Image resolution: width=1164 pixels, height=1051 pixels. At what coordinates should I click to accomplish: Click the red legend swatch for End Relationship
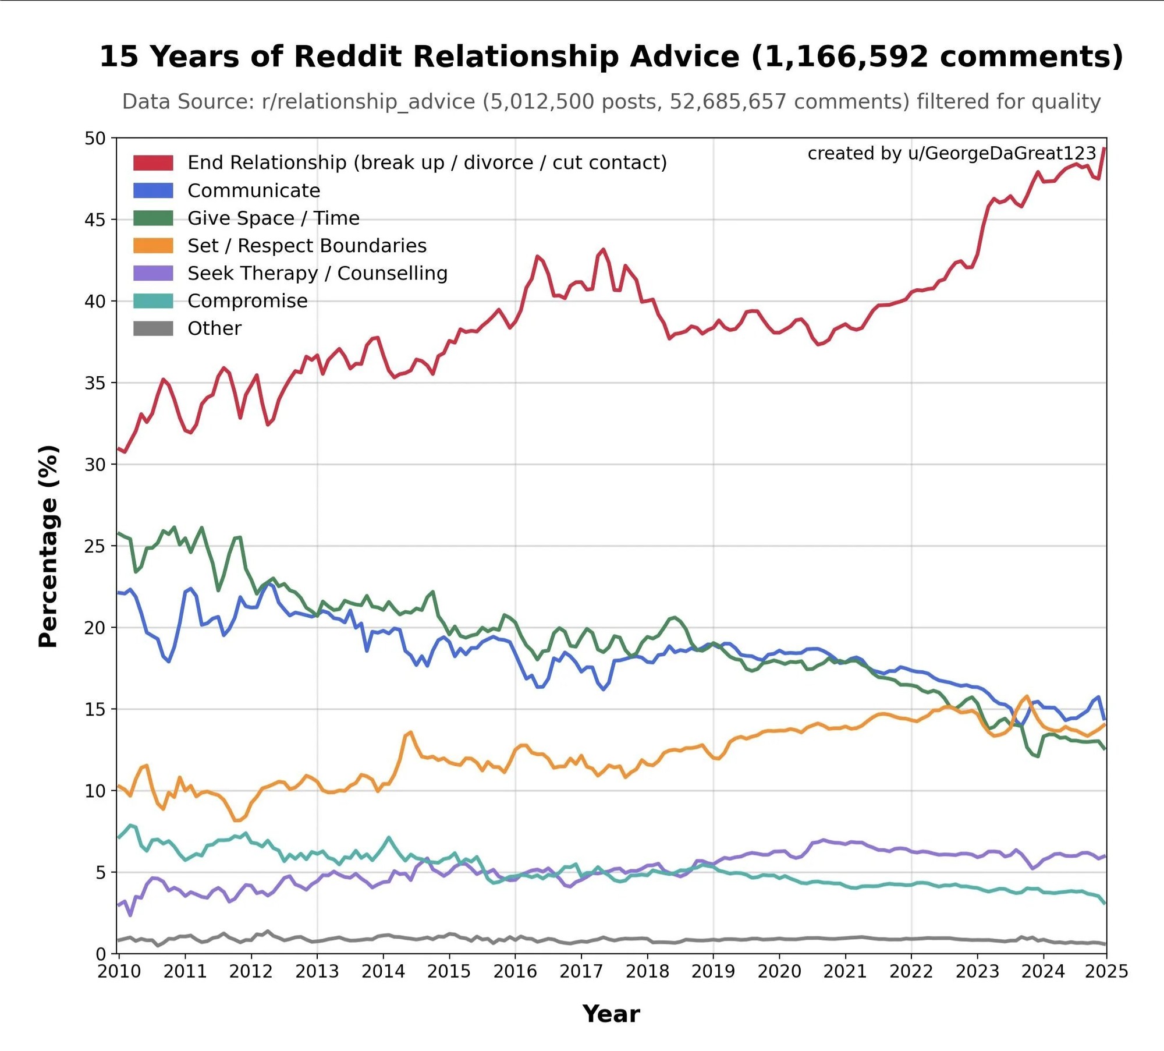(x=153, y=162)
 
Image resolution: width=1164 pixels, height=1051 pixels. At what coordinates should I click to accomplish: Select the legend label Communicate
(x=253, y=190)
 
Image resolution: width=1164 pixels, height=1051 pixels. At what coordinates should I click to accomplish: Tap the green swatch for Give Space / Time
(x=153, y=218)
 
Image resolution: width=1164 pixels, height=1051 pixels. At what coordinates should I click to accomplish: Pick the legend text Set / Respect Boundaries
(x=307, y=246)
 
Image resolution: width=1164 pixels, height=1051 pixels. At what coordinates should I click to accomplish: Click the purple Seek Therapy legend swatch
(x=153, y=273)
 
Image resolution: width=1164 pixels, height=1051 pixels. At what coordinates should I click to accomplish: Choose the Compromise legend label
(x=247, y=301)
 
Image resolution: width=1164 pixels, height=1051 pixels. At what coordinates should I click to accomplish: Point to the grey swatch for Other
(x=153, y=328)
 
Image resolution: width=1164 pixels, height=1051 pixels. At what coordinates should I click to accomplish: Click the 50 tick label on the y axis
(x=95, y=139)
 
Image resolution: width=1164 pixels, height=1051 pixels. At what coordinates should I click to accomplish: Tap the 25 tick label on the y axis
(x=95, y=546)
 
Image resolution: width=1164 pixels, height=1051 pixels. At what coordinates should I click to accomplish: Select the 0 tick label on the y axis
(x=101, y=954)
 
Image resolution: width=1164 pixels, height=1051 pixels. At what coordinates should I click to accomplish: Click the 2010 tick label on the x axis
(x=119, y=972)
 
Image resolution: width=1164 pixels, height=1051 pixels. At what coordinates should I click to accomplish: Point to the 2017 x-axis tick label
(x=581, y=972)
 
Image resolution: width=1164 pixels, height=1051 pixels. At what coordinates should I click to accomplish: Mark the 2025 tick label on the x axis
(x=1106, y=972)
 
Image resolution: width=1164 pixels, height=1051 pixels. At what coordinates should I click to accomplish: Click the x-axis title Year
(x=611, y=1014)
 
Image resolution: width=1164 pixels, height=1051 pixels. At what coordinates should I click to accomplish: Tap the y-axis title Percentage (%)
(x=49, y=546)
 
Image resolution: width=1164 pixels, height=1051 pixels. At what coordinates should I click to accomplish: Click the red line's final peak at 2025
(x=1103, y=149)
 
